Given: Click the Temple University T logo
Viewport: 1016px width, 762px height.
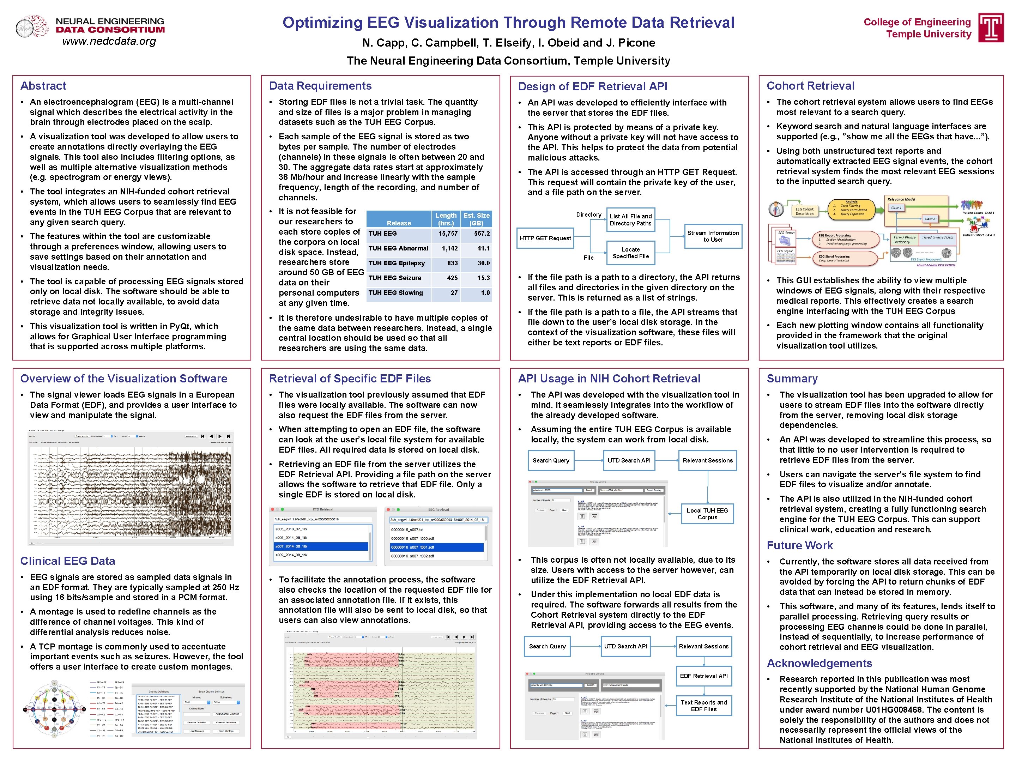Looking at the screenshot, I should [x=991, y=28].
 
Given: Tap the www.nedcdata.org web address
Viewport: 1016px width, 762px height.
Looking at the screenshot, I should [x=109, y=41].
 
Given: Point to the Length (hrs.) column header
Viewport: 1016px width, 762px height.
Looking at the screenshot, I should [x=446, y=219].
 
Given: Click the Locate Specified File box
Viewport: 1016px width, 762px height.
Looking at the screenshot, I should [x=631, y=253].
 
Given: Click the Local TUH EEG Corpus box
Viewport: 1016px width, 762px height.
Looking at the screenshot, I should [x=707, y=514].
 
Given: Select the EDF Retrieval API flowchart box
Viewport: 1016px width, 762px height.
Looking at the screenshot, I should [x=704, y=676].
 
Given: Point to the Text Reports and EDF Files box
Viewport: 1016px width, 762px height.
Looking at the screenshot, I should [x=704, y=706].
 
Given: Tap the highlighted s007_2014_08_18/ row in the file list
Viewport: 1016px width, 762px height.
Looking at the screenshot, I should [x=321, y=546].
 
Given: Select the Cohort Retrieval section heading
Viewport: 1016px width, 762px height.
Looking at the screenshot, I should [x=810, y=86].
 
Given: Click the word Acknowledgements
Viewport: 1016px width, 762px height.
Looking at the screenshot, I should [x=819, y=663].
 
